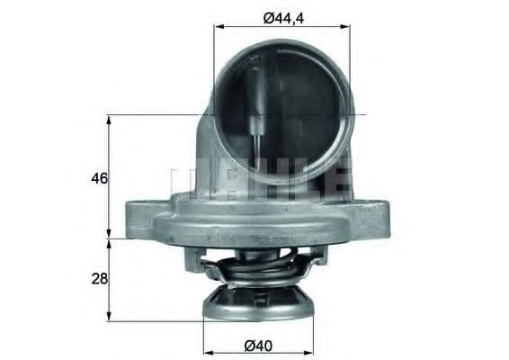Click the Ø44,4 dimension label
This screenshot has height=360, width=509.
coord(282,13)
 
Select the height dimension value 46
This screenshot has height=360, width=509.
coord(99,178)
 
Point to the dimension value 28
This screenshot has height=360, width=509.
coord(99,280)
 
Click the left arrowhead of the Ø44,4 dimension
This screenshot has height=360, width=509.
coord(219,27)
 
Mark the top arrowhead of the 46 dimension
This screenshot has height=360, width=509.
coord(109,119)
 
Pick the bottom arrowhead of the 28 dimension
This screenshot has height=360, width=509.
coord(109,317)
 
